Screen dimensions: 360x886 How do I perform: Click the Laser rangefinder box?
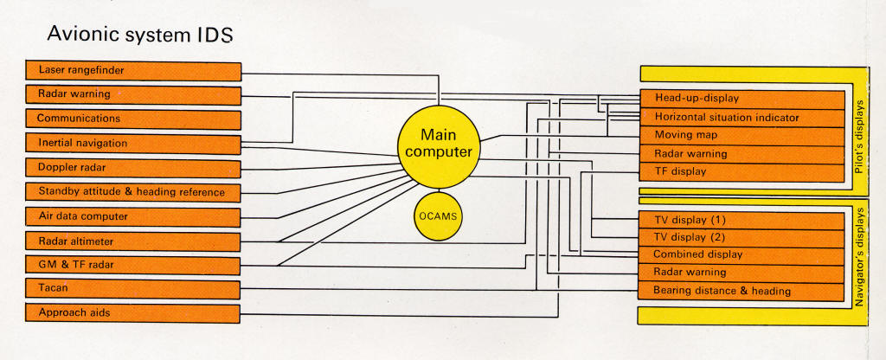tap(133, 69)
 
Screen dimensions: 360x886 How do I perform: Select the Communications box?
tap(133, 119)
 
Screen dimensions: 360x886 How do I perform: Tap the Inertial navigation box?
tap(133, 143)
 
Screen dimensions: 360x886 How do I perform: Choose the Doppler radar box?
tap(133, 167)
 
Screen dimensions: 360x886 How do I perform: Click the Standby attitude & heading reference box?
tap(133, 191)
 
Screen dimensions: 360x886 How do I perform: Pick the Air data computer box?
tap(133, 215)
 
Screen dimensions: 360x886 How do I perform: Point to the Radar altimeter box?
tap(133, 241)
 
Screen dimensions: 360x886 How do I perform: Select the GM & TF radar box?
tap(133, 266)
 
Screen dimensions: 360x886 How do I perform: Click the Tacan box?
tap(133, 288)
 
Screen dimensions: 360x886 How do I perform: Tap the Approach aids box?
tap(133, 312)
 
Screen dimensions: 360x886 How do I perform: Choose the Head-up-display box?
tap(742, 98)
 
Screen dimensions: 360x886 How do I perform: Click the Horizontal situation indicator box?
tap(742, 117)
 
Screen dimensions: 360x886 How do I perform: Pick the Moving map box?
tap(742, 135)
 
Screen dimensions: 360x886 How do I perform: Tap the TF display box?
tap(742, 171)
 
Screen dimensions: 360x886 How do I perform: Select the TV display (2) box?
tap(742, 236)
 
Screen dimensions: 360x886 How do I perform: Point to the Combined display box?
tap(742, 254)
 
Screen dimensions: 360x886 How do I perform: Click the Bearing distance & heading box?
tap(742, 291)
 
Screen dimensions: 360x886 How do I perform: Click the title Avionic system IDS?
tap(139, 37)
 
